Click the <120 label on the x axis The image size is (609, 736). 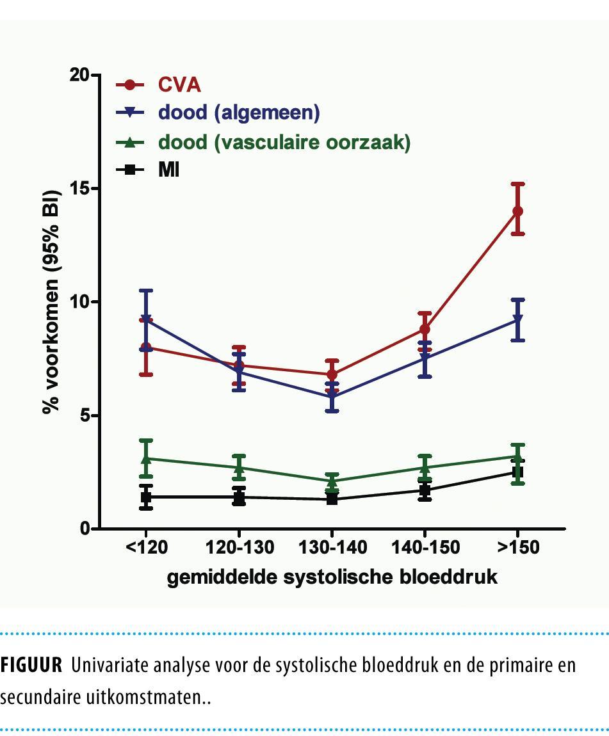click(146, 548)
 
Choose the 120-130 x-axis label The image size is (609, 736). click(239, 548)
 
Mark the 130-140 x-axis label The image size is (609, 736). click(332, 548)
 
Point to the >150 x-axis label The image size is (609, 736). click(517, 548)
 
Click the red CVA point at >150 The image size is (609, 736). click(517, 211)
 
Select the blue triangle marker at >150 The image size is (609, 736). click(517, 319)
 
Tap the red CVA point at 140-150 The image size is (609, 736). click(425, 329)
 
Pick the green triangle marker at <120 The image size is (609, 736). click(146, 458)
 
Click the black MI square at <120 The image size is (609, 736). click(146, 497)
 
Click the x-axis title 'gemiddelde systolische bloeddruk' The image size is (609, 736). click(332, 577)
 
